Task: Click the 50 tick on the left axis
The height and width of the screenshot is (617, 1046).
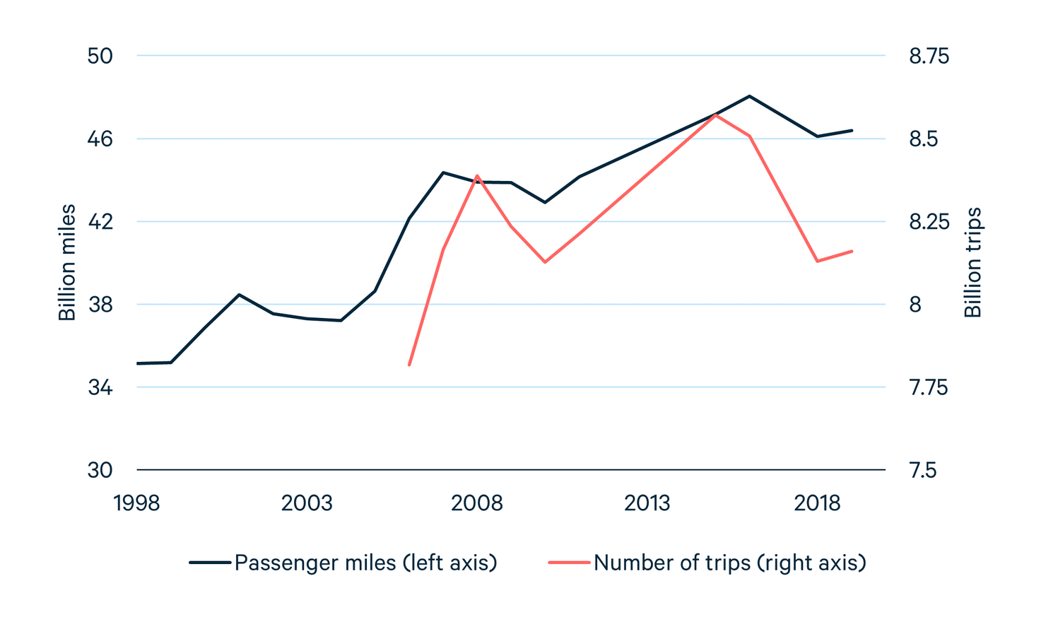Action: click(x=100, y=56)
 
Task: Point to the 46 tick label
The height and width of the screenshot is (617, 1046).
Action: click(x=100, y=139)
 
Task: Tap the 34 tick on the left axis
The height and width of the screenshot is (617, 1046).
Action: click(x=100, y=387)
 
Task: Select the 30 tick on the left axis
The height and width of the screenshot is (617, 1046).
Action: click(x=100, y=470)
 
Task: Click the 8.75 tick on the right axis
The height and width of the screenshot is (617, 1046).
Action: click(x=929, y=56)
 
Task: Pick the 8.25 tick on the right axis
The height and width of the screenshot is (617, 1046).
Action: click(x=929, y=222)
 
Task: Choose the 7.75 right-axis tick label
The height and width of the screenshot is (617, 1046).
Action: click(x=927, y=387)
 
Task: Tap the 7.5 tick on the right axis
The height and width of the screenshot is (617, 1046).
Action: click(x=922, y=470)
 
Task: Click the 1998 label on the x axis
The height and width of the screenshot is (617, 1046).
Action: click(x=137, y=503)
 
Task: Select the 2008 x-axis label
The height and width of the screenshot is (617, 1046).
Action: click(x=477, y=503)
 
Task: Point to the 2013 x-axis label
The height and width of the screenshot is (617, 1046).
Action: click(x=647, y=503)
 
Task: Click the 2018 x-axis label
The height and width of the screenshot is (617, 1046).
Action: click(x=817, y=503)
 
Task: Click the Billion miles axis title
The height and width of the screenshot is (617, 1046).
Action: click(x=67, y=262)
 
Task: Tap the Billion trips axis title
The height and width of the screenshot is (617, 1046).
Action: click(x=973, y=262)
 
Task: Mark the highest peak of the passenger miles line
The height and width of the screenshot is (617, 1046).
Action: click(x=749, y=96)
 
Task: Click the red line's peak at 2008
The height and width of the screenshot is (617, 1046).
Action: click(x=477, y=175)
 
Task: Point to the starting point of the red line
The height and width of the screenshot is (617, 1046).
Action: click(x=409, y=365)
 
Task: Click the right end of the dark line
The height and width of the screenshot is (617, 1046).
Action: click(x=852, y=130)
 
